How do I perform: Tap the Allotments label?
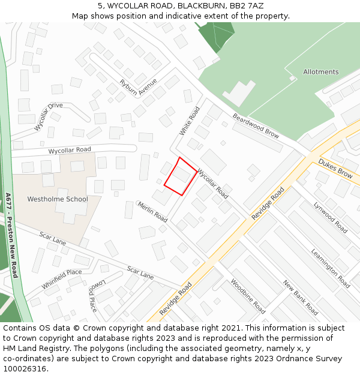pos(320,72)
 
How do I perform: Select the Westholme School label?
pos(58,199)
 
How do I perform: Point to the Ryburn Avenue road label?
pos(138,88)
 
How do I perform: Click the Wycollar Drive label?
pos(48,116)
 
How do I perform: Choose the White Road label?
pos(189,121)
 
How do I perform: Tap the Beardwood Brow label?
pos(256,126)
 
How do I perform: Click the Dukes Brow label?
pos(335,169)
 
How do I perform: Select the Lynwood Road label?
pos(330,217)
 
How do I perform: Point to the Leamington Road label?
pos(330,268)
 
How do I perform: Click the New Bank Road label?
pos(300,298)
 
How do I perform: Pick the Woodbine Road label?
pos(248,296)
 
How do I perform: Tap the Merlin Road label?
pos(152,211)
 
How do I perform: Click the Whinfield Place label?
pos(62,280)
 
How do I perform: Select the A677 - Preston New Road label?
pos(11,235)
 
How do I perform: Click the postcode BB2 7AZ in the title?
pos(242,6)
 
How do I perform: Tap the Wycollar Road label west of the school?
pos(70,149)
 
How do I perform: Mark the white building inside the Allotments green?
pos(239,93)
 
